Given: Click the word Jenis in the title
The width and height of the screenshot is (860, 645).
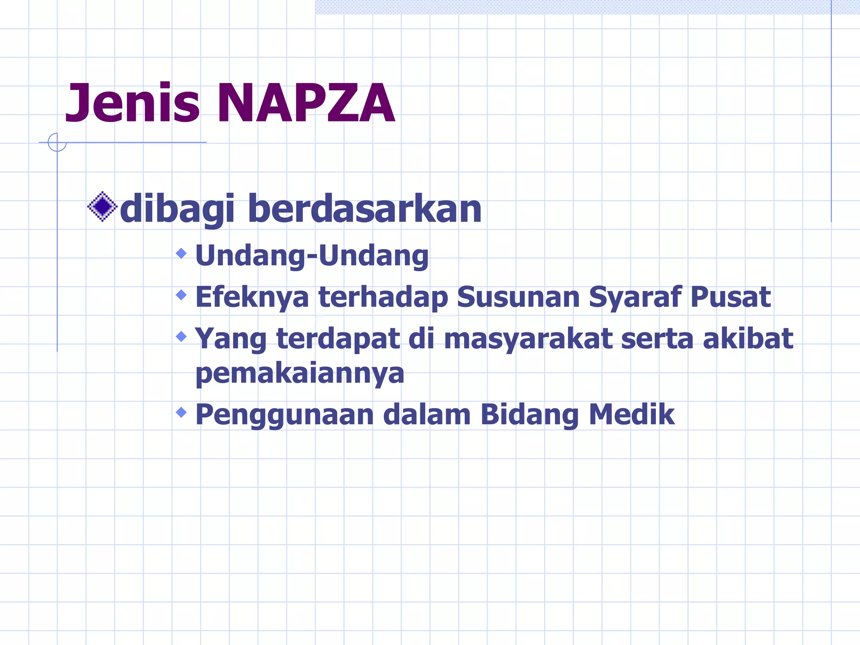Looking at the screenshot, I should (x=132, y=103).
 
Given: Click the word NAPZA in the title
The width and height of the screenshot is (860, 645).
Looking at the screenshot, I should (x=305, y=103).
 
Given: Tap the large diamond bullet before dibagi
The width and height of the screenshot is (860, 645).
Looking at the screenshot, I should (x=102, y=207).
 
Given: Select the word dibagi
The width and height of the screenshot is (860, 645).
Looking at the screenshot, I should (x=177, y=209).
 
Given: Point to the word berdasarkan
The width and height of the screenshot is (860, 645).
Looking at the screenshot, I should (x=364, y=209).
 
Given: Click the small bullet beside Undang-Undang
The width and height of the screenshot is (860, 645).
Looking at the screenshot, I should (x=181, y=253).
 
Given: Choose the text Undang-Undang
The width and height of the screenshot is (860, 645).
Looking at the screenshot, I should (x=312, y=256).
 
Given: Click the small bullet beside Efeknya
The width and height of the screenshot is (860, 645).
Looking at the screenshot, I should (x=181, y=295).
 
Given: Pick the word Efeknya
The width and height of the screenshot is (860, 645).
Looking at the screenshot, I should (x=252, y=297).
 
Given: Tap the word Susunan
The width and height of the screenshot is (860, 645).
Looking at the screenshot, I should (x=518, y=297).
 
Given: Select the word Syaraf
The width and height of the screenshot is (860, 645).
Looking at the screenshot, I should (x=635, y=297).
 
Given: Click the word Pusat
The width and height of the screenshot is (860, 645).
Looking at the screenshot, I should (x=730, y=297).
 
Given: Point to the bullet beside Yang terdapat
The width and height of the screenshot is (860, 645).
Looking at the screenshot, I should (x=181, y=336).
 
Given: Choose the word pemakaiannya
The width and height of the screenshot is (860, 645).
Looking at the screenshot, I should (x=300, y=374).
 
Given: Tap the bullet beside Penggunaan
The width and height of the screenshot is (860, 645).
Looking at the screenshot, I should (x=181, y=412).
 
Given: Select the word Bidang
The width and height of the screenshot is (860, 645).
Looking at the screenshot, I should (x=530, y=415).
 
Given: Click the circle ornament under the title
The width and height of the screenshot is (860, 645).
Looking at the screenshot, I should (x=57, y=142).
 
